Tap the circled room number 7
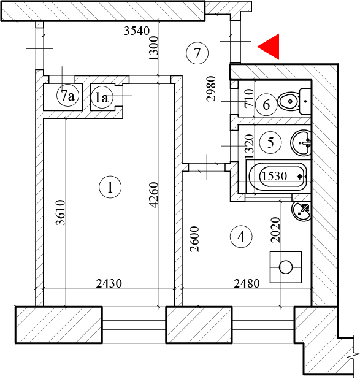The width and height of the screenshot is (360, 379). pos(197,53)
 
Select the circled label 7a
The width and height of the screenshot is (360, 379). pos(67,96)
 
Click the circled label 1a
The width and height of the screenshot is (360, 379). pos(102,98)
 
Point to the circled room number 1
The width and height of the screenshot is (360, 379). pos(110,187)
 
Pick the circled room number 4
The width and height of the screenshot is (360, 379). pos(241,237)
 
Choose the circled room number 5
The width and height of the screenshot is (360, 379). pos(270,142)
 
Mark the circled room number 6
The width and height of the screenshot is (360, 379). pos(266,105)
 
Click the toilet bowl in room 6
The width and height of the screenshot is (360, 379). pos(294,102)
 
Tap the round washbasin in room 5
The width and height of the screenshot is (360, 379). pos(301,143)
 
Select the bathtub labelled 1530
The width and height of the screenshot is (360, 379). pos(278,177)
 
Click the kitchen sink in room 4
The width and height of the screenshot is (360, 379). pos(301,211)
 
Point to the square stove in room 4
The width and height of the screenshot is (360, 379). pos(286,267)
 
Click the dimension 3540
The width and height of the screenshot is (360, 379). pos(137,31)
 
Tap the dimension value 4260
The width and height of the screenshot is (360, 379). pos(154,195)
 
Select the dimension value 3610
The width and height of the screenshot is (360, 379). pos(61,212)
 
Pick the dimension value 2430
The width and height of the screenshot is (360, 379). pos(109,283)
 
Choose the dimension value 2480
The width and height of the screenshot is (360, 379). pos(247,283)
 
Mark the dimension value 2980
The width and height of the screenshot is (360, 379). pos(211,89)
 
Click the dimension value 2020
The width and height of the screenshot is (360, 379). pos(275,230)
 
